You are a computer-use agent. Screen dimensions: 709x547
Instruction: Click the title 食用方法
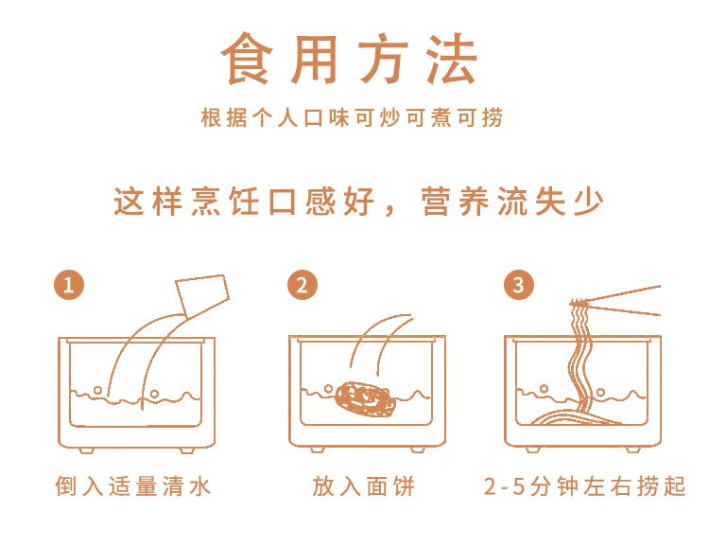tap(349, 59)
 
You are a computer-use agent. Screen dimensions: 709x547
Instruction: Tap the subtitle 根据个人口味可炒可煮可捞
tap(352, 117)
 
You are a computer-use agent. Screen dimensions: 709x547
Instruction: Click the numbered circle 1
tap(69, 285)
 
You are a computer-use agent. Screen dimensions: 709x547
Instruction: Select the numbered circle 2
tap(303, 285)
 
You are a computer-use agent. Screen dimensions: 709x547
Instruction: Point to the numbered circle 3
tap(519, 285)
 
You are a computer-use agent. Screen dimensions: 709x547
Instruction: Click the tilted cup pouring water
tap(202, 294)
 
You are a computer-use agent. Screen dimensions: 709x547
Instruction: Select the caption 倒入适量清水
tap(133, 486)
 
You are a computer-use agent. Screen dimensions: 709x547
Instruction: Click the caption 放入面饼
tap(363, 486)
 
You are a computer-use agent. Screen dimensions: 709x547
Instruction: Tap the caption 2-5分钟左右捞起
tap(584, 486)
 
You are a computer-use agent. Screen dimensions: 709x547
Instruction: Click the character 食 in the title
tap(247, 59)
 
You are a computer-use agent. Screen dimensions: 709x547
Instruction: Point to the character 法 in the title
tap(451, 59)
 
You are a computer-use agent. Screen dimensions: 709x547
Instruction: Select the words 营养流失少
tap(512, 201)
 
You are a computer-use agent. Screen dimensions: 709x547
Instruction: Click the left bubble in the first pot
tap(97, 390)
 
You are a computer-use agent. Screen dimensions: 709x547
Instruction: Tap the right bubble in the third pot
tap(601, 392)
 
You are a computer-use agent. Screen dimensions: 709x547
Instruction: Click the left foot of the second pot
tap(317, 450)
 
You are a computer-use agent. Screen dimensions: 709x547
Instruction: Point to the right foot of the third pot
tap(633, 450)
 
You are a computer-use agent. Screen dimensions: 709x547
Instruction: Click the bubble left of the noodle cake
tap(329, 389)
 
